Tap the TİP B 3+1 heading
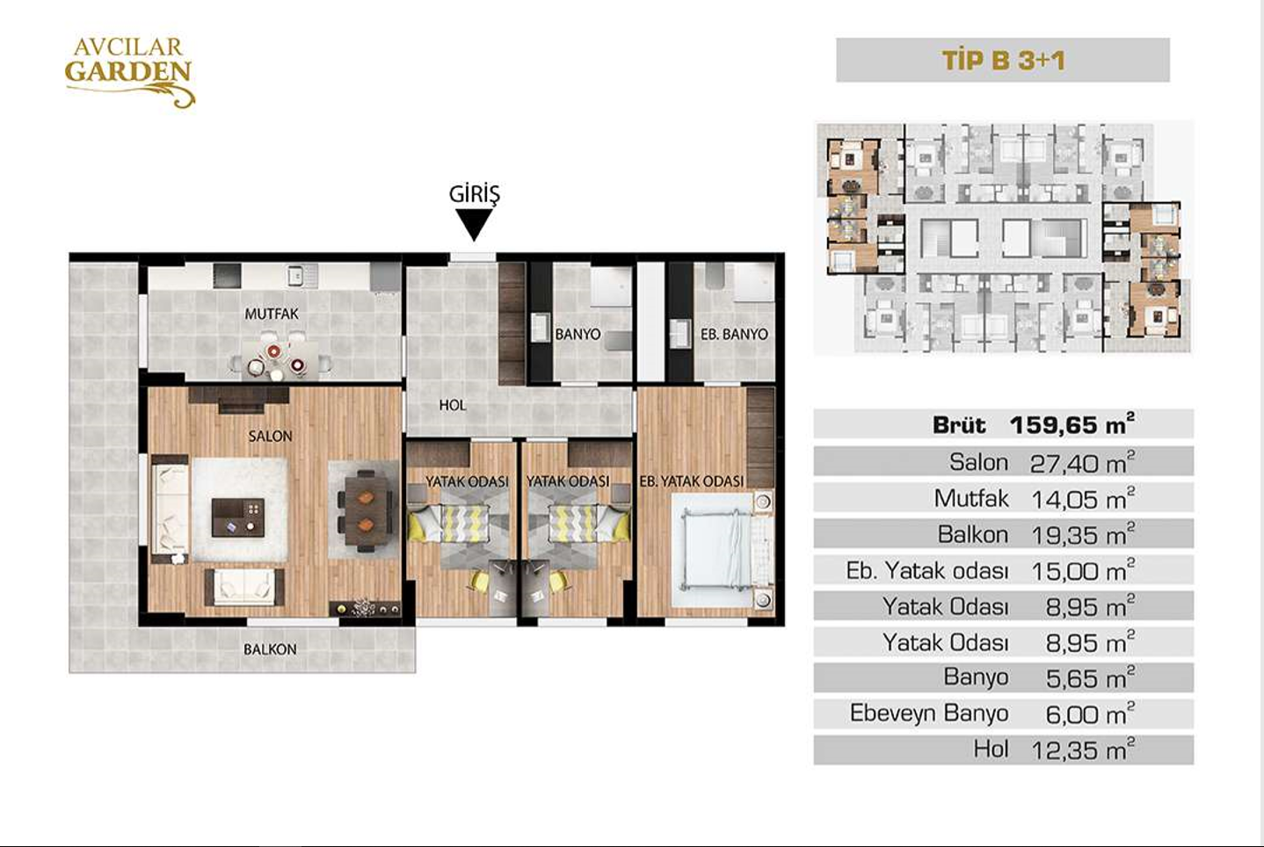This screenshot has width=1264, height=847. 1003,61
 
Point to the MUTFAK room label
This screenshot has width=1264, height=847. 272,314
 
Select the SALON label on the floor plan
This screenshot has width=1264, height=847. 271,436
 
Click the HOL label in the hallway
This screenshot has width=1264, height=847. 453,405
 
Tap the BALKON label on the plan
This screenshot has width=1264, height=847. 270,649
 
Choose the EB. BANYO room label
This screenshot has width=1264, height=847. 734,335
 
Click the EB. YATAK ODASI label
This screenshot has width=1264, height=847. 691,481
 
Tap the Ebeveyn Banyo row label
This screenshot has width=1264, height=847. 929,713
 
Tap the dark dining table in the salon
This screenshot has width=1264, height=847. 367,511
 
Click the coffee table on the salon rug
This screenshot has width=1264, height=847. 237,518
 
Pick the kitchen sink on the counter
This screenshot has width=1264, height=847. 295,275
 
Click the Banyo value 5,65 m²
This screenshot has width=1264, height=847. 1090,677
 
